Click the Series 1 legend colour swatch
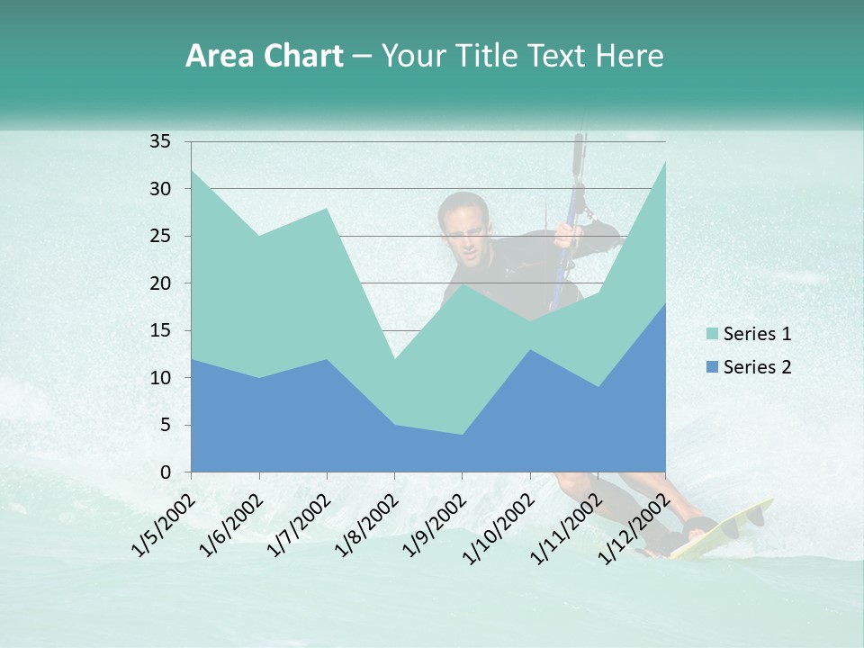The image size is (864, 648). pyautogui.click(x=713, y=335)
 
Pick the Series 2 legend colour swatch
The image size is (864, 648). pyautogui.click(x=713, y=367)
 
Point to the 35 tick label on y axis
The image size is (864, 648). pyautogui.click(x=160, y=141)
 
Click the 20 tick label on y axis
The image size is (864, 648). pyautogui.click(x=160, y=283)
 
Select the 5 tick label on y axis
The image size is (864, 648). pyautogui.click(x=165, y=425)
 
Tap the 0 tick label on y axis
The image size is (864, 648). pyautogui.click(x=165, y=472)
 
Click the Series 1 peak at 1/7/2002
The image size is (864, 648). pyautogui.click(x=327, y=208)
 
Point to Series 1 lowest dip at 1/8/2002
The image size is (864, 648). pyautogui.click(x=394, y=359)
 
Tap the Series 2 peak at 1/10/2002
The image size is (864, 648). pyautogui.click(x=530, y=349)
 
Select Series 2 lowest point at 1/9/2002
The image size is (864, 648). pyautogui.click(x=462, y=435)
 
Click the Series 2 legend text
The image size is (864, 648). pyautogui.click(x=757, y=367)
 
